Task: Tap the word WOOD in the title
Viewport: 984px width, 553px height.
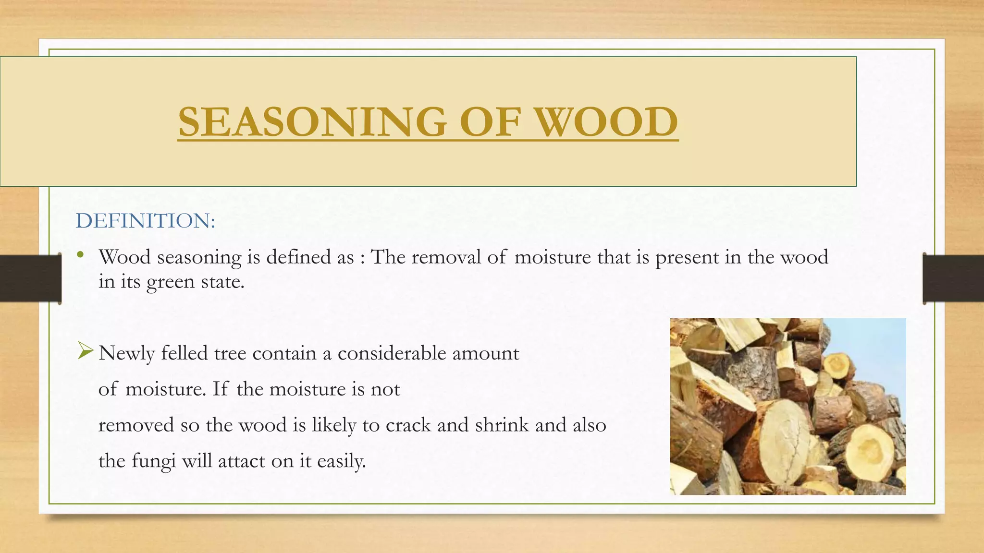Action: pos(606,122)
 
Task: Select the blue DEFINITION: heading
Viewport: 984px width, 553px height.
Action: pos(146,221)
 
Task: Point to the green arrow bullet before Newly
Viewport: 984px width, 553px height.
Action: pos(85,351)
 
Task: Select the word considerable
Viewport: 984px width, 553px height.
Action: pos(392,353)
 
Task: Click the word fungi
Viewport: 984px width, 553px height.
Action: pos(153,461)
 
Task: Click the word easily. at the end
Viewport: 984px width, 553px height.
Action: pos(342,461)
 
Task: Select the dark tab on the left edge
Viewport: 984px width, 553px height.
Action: pos(30,279)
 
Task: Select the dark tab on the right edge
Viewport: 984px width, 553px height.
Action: pos(953,279)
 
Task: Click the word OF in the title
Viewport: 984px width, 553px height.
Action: pos(490,122)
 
